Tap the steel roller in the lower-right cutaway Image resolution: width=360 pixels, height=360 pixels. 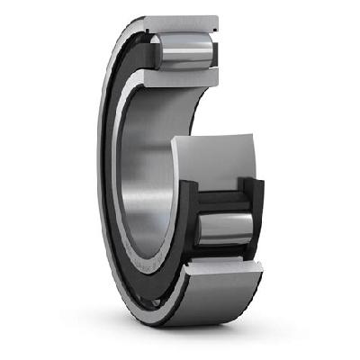[223, 229]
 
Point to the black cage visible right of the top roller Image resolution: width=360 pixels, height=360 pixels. [214, 51]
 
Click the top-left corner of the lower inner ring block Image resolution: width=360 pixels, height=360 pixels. [173, 141]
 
